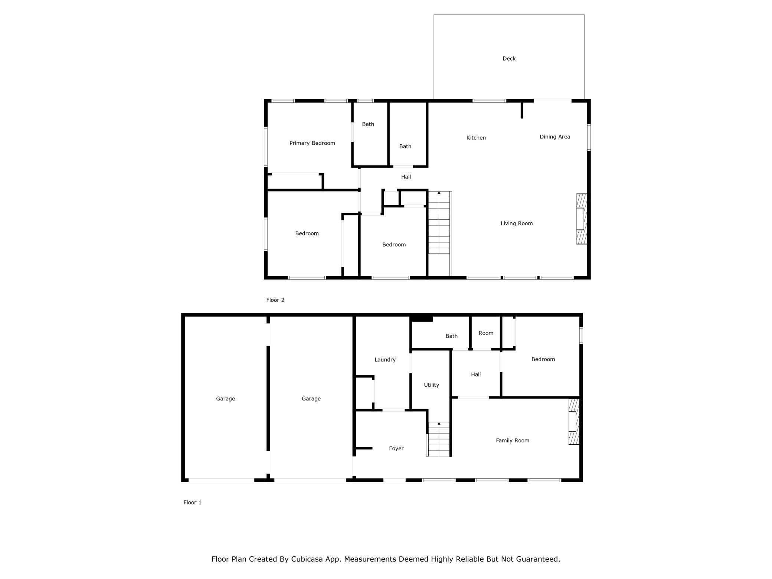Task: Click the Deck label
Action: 509,59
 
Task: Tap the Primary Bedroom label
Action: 312,143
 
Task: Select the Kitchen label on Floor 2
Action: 476,138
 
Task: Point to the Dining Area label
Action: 555,137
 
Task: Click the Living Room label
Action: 517,223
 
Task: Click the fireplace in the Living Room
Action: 582,219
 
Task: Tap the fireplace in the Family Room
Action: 574,422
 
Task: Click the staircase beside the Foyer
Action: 439,439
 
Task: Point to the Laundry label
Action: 385,360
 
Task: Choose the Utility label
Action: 431,385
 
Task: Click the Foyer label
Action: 396,449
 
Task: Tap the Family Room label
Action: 513,441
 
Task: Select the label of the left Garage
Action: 225,399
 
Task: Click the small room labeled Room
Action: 486,333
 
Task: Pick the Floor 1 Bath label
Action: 451,336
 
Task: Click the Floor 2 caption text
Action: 275,300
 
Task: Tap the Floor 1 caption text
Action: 192,503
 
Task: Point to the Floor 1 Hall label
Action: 475,375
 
